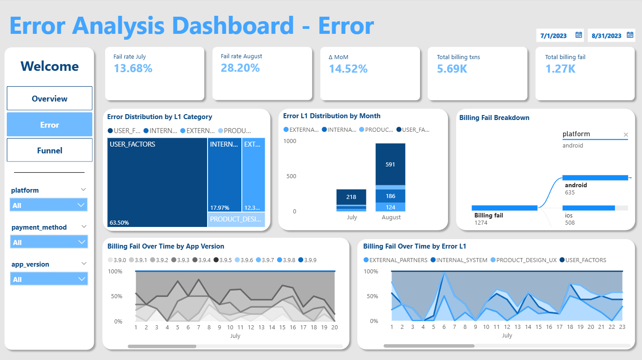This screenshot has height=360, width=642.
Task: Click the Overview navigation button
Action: [50, 98]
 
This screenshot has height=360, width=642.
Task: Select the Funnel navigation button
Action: [50, 150]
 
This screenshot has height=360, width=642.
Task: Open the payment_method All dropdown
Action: [49, 242]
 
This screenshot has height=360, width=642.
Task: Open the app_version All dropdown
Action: [49, 279]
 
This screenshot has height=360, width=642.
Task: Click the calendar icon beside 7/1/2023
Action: [579, 35]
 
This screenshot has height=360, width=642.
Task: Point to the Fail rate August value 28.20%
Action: [240, 68]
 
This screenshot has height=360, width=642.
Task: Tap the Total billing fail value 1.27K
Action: [560, 69]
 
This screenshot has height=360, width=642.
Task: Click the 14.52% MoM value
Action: [348, 69]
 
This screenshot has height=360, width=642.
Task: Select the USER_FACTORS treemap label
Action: [132, 144]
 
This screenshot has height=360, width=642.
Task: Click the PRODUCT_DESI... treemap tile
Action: [236, 220]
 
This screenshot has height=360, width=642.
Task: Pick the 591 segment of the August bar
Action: [390, 164]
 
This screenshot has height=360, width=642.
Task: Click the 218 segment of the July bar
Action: [351, 197]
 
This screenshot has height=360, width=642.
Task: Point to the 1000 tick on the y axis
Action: [290, 141]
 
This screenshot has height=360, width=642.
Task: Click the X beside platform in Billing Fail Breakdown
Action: [626, 134]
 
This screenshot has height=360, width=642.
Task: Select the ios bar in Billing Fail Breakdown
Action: [589, 208]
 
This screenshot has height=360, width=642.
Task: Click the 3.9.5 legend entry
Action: [222, 260]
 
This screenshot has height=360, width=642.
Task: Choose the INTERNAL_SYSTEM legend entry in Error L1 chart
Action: [459, 260]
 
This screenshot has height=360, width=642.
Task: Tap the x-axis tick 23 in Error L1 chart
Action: [622, 327]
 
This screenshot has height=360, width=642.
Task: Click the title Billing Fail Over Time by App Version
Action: [166, 246]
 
